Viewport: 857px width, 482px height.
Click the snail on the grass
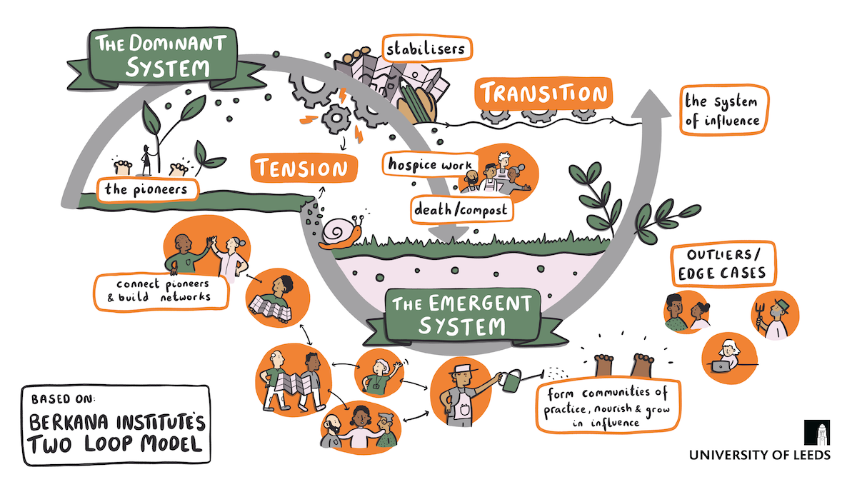(341, 233)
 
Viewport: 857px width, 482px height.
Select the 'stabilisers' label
(426, 49)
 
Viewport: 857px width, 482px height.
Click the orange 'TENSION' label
(304, 169)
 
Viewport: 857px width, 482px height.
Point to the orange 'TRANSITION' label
(543, 94)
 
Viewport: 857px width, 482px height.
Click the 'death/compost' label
(455, 209)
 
